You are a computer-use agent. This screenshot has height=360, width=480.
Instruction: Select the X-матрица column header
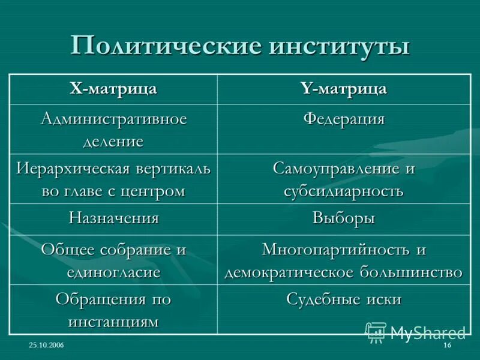click(113, 89)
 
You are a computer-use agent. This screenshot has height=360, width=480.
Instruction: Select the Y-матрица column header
click(343, 89)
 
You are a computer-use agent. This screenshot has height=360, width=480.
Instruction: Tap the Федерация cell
click(343, 118)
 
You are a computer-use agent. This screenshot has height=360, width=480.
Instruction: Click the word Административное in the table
click(113, 118)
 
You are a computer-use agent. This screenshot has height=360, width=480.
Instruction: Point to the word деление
click(113, 141)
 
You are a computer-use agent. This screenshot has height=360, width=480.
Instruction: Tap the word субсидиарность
click(343, 191)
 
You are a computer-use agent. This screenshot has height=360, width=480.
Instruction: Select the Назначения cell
click(113, 218)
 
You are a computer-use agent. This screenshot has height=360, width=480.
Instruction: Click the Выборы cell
click(343, 218)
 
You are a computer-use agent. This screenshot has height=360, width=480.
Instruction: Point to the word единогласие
click(113, 272)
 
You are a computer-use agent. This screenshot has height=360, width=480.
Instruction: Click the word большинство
click(407, 272)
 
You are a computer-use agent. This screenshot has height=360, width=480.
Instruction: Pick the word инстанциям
click(113, 321)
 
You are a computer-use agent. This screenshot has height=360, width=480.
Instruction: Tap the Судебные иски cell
click(343, 299)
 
